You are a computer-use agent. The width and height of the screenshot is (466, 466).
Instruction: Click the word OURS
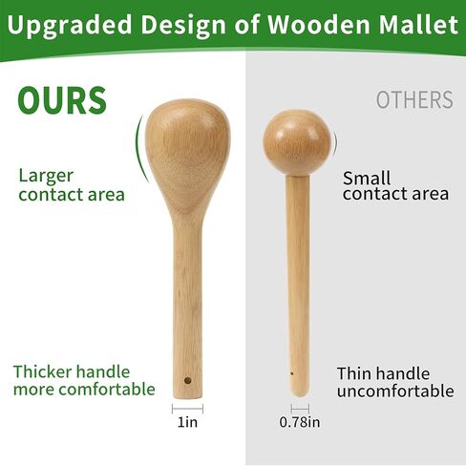(62, 100)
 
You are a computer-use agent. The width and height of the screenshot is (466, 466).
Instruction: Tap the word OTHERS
(414, 99)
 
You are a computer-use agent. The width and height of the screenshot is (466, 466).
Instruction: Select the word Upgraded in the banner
(70, 25)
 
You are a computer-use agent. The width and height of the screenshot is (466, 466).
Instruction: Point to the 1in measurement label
(187, 422)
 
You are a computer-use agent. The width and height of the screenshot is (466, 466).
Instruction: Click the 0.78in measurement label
(300, 422)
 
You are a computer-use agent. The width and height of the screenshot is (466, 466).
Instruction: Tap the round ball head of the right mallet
(297, 142)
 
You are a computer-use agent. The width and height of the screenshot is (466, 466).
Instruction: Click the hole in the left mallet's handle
(188, 380)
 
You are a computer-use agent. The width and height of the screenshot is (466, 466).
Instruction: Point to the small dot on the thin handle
(292, 373)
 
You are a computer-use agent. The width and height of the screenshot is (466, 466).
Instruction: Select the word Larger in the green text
(46, 177)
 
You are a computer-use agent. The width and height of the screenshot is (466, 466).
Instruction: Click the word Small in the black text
(367, 178)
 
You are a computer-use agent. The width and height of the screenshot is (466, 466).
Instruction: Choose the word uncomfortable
(395, 392)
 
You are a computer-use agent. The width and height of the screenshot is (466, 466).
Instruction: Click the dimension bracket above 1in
(187, 409)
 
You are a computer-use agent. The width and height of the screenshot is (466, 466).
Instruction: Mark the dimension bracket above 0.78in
(300, 409)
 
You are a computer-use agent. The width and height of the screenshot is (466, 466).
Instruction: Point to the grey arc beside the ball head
(335, 142)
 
